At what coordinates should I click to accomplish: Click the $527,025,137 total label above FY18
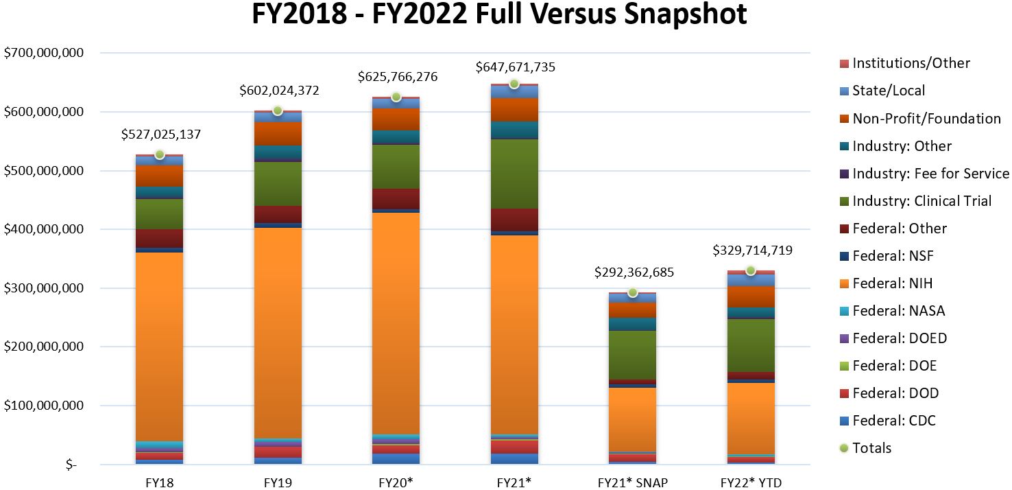click(x=161, y=135)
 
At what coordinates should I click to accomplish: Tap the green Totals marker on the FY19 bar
click(x=278, y=110)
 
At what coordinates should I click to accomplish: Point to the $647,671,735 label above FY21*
click(x=516, y=67)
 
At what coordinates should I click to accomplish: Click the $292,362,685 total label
click(x=634, y=272)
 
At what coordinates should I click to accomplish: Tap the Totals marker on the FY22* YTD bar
click(x=751, y=270)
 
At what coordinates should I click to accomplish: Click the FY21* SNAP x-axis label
click(x=633, y=482)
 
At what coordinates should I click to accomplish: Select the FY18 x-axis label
click(x=160, y=482)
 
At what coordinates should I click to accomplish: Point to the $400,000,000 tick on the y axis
click(x=44, y=229)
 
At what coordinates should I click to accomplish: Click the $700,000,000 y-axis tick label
click(x=44, y=53)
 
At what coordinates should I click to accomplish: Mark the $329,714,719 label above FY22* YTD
click(x=752, y=250)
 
